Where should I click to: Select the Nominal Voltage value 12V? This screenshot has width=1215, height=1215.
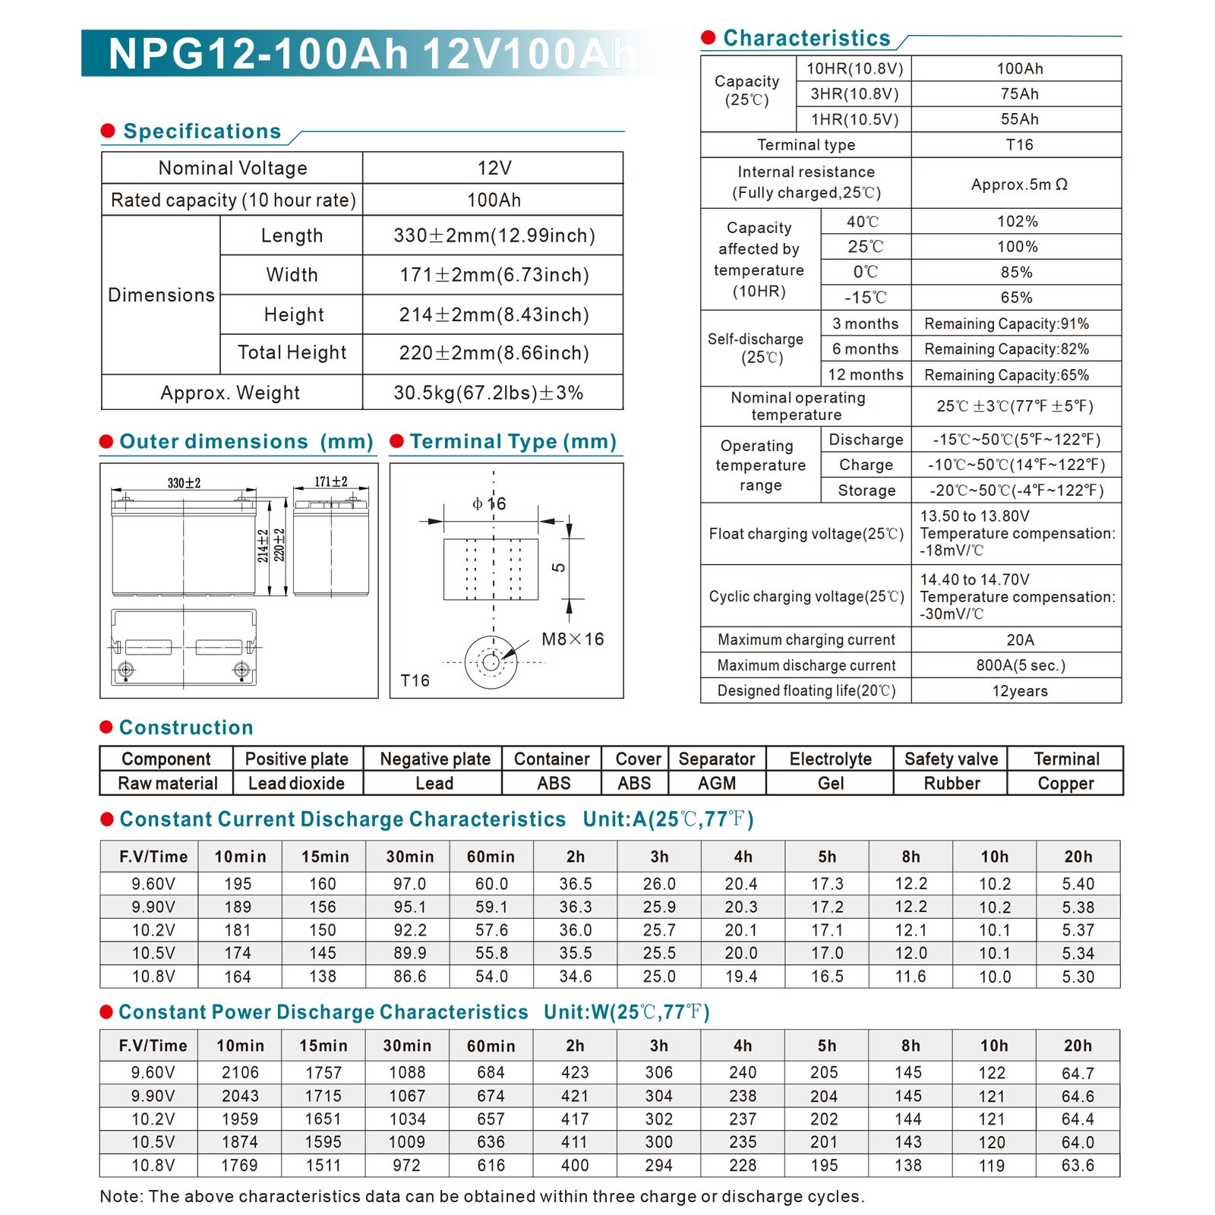pyautogui.click(x=494, y=168)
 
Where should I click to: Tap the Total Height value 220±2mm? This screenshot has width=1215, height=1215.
pyautogui.click(x=494, y=353)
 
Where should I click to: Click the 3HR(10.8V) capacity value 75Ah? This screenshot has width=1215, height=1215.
pyautogui.click(x=1019, y=94)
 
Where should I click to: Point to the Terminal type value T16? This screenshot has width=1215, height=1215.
pyautogui.click(x=1019, y=145)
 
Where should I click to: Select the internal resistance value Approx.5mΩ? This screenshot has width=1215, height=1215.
pyautogui.click(x=1019, y=185)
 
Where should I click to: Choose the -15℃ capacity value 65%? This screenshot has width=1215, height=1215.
pyautogui.click(x=1016, y=298)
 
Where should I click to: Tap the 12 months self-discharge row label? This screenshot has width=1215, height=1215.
pyautogui.click(x=866, y=374)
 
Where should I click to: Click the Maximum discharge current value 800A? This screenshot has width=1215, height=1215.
pyautogui.click(x=1020, y=665)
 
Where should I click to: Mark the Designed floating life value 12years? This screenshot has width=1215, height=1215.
pyautogui.click(x=1020, y=691)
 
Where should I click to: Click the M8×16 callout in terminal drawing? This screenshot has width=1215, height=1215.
pyautogui.click(x=573, y=639)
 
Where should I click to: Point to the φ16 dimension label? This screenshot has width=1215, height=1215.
pyautogui.click(x=489, y=504)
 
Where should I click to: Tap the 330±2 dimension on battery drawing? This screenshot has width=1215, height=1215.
pyautogui.click(x=184, y=483)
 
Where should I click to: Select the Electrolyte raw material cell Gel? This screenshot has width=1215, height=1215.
pyautogui.click(x=831, y=784)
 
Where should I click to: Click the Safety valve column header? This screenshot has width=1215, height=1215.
pyautogui.click(x=951, y=759)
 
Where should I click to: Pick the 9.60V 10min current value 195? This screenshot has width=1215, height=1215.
pyautogui.click(x=238, y=884)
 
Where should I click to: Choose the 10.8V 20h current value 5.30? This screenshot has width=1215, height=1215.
pyautogui.click(x=1078, y=977)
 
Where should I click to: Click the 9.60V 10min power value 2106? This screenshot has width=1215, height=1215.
pyautogui.click(x=239, y=1072)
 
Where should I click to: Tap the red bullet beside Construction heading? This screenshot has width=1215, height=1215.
pyautogui.click(x=106, y=727)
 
